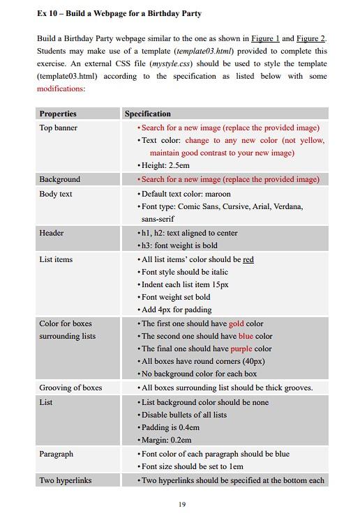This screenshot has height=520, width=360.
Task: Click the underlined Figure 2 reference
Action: [x=310, y=38]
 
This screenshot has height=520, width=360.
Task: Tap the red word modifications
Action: [x=60, y=89]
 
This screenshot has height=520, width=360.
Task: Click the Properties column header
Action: [x=58, y=114]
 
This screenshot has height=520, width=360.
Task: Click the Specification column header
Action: [x=147, y=114]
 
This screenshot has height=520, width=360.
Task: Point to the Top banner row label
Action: [x=59, y=128]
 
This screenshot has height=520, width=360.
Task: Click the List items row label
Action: [x=56, y=259]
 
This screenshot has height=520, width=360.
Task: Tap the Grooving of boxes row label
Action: [x=70, y=388]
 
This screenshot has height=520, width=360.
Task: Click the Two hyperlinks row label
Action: [x=66, y=480]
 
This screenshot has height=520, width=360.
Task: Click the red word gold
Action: [x=237, y=323]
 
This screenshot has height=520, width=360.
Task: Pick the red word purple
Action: [x=241, y=349]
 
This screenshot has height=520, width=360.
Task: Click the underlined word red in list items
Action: [x=248, y=259]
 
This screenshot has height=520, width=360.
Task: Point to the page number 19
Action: [x=181, y=504]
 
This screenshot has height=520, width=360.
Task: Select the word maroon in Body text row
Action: [x=218, y=194]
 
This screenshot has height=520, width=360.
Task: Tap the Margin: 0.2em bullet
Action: [x=166, y=440]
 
